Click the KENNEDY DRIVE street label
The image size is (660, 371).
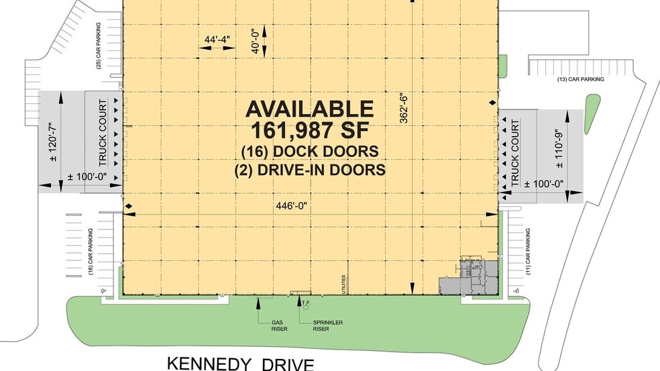click(240, 363)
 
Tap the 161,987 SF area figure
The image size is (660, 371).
click(309, 129)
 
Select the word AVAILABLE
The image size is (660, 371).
click(309, 109)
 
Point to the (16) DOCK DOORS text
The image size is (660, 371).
click(310, 150)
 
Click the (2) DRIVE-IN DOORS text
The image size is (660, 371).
click(310, 170)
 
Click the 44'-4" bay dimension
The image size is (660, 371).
click(218, 40)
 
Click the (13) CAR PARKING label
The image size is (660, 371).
click(581, 79)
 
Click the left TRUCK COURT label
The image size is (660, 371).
click(103, 134)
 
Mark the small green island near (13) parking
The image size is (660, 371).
click(592, 111)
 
